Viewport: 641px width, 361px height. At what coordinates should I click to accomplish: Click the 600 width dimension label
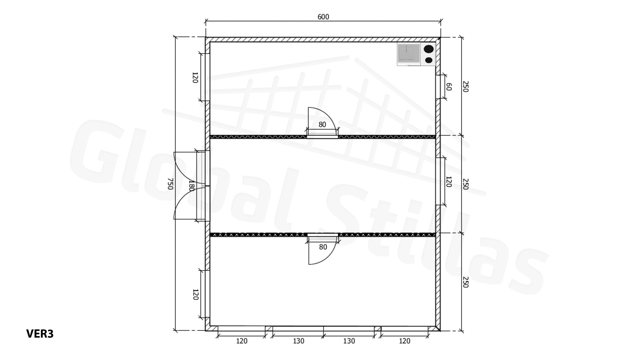tap(323, 17)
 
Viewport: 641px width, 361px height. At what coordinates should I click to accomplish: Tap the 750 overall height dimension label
tap(170, 184)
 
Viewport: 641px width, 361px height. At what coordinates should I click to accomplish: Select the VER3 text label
tap(40, 334)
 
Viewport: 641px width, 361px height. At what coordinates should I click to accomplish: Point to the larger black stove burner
tap(429, 49)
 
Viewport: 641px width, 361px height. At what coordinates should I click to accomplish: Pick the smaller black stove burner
tap(429, 60)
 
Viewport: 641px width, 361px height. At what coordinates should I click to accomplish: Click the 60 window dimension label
tap(449, 87)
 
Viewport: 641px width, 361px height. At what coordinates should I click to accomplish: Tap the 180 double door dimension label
tap(192, 186)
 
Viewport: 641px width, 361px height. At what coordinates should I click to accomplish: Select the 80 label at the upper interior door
tap(322, 124)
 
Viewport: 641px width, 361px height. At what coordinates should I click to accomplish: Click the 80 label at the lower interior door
tap(323, 247)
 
